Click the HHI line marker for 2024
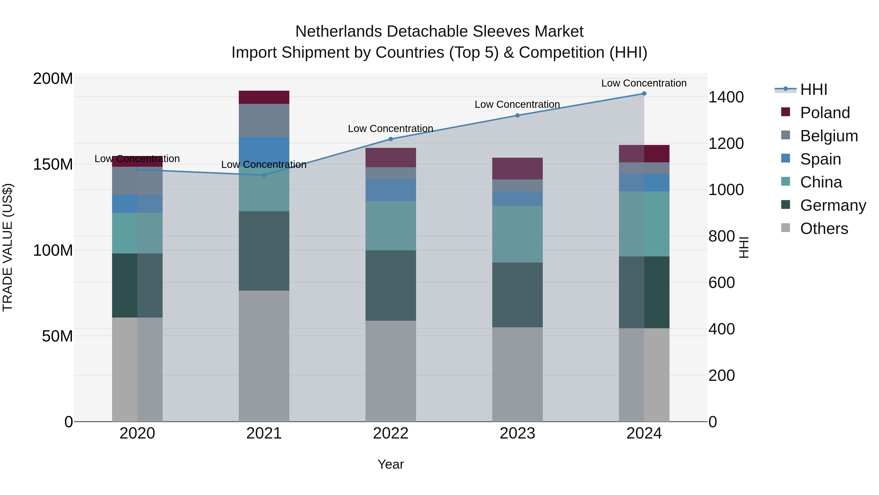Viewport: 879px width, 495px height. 644,94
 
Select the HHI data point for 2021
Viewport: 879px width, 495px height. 264,175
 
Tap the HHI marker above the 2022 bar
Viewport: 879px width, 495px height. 391,139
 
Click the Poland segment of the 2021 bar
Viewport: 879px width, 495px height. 264,97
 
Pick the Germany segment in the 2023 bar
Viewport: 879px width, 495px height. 517,295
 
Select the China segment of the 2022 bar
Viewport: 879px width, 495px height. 391,226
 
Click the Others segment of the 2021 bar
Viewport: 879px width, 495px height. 264,356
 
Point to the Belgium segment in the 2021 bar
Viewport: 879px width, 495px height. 264,121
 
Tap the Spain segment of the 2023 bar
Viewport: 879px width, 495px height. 517,199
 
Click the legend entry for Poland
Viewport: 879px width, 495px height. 824,113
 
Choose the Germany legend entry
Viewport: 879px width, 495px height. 833,205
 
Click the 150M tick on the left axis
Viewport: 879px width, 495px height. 53,164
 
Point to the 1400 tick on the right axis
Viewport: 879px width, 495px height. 726,97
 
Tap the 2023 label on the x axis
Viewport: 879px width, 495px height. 517,433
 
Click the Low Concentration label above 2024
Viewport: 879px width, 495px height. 644,83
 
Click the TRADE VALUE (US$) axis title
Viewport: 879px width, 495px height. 8,247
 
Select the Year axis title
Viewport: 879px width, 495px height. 391,464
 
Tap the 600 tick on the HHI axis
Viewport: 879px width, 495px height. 721,283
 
